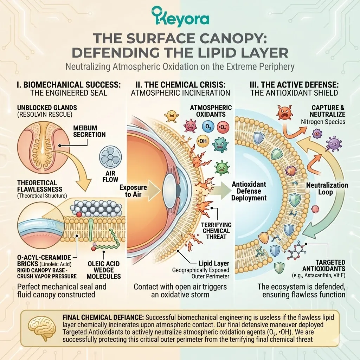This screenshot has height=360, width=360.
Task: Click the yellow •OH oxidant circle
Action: pyautogui.click(x=202, y=141)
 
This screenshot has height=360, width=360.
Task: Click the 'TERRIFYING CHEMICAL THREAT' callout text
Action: pyautogui.click(x=216, y=231)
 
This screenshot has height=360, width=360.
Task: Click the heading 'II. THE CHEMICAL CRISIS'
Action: pyautogui.click(x=180, y=85)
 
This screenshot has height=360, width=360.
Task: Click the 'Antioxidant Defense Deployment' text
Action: pyautogui.click(x=249, y=191)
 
